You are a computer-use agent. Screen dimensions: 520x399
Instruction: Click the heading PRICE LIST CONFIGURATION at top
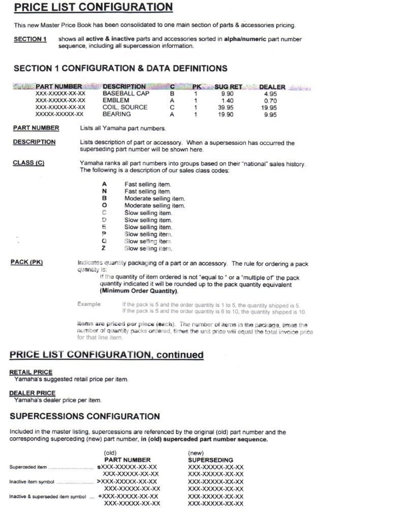pyautogui.click(x=93, y=8)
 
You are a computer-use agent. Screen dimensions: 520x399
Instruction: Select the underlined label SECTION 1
pyautogui.click(x=30, y=39)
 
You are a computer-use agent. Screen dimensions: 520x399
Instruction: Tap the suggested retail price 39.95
pyautogui.click(x=225, y=108)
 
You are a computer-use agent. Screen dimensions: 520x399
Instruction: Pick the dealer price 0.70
pyautogui.click(x=270, y=101)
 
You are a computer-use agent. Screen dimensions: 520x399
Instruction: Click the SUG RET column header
pyautogui.click(x=228, y=87)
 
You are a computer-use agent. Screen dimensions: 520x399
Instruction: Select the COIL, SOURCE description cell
pyautogui.click(x=125, y=108)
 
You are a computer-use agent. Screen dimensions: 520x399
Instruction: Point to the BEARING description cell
pyautogui.click(x=117, y=114)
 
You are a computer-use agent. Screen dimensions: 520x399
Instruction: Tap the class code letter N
pyautogui.click(x=104, y=192)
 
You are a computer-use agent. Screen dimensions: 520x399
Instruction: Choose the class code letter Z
pyautogui.click(x=104, y=249)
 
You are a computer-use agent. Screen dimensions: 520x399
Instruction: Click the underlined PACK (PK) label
pyautogui.click(x=27, y=262)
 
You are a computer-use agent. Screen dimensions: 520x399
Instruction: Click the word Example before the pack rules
pyautogui.click(x=89, y=304)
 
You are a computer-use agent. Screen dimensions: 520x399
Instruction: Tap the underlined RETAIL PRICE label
pyautogui.click(x=30, y=372)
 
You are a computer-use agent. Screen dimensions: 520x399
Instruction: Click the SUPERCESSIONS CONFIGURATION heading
pyautogui.click(x=85, y=416)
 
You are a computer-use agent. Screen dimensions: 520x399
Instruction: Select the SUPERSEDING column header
pyautogui.click(x=210, y=460)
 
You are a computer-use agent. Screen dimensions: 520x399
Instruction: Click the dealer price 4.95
pyautogui.click(x=270, y=94)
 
